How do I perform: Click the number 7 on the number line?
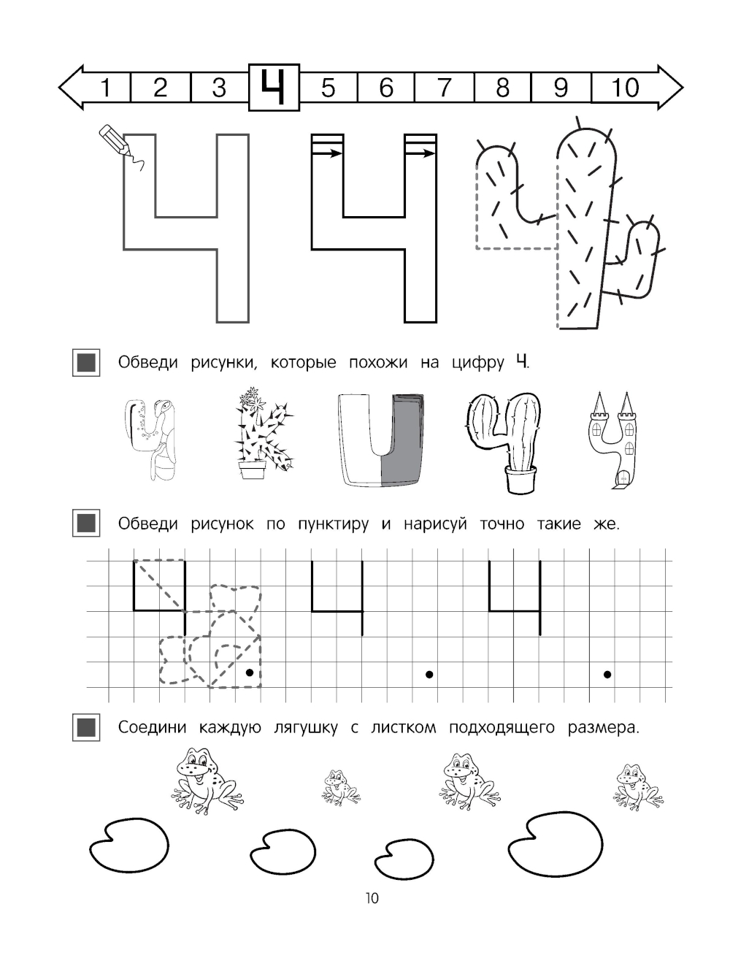[444, 87]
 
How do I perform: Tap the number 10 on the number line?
[625, 88]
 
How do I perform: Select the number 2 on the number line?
[160, 87]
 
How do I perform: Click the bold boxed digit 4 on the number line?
[274, 87]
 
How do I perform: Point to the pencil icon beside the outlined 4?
[115, 139]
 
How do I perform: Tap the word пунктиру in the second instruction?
[333, 524]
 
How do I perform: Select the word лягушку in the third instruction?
[305, 727]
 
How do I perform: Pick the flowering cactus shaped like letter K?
[264, 433]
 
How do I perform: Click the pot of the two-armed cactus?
[520, 479]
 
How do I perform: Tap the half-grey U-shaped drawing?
[380, 440]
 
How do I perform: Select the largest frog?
[207, 779]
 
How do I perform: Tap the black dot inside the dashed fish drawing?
[250, 672]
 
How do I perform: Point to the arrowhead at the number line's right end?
[670, 87]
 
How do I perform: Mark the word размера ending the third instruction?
[604, 727]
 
